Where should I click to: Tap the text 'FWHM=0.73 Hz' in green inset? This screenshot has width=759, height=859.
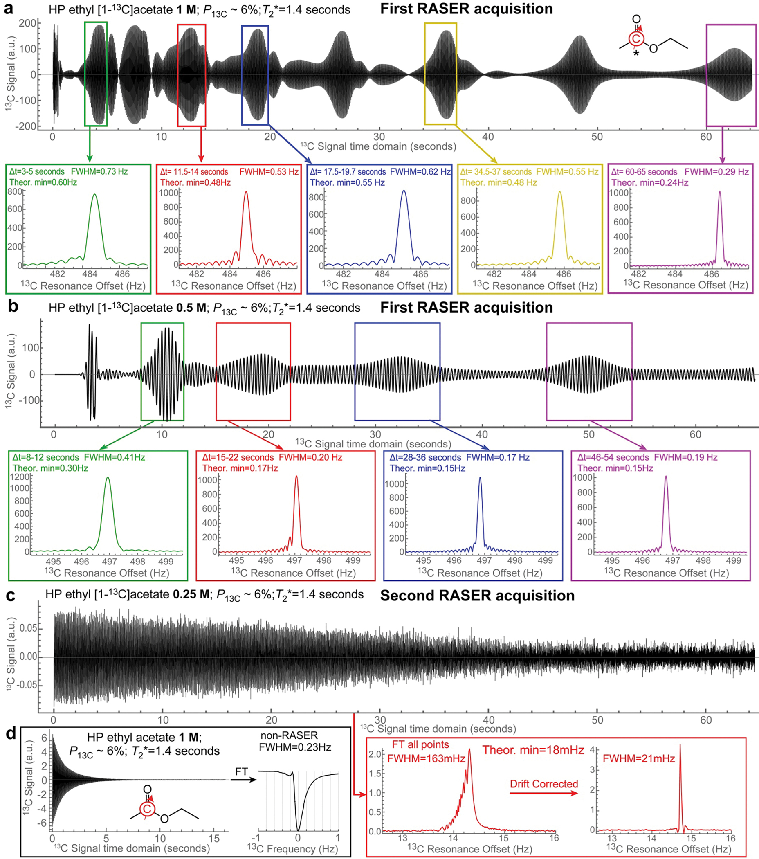pos(99,171)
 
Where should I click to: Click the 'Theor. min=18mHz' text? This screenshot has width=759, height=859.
pos(533,750)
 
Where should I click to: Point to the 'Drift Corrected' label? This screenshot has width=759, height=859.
pos(544,784)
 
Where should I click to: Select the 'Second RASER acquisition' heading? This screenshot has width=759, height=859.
pos(477,596)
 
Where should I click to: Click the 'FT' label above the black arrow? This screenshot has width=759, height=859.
pos(242,771)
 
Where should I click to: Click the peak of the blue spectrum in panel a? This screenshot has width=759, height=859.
pos(404,191)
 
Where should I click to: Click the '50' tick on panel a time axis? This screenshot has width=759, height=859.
pos(597,137)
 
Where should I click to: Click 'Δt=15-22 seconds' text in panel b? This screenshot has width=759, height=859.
pos(238,457)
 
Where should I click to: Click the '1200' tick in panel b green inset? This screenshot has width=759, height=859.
pos(22,477)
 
